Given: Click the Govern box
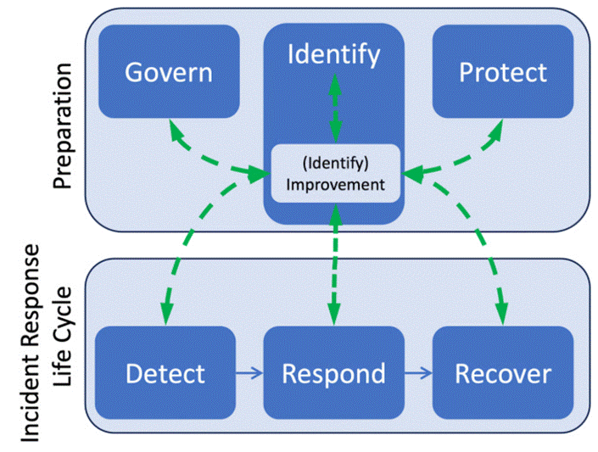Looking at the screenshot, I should pyautogui.click(x=168, y=71).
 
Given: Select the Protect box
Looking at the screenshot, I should pyautogui.click(x=503, y=71).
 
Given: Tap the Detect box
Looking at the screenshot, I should pyautogui.click(x=165, y=373).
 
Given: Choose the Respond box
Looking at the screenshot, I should pyautogui.click(x=333, y=373).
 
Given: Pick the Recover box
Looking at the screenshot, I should pyautogui.click(x=503, y=373).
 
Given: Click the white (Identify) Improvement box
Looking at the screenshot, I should pyautogui.click(x=335, y=173).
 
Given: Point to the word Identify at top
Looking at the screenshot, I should pyautogui.click(x=333, y=54).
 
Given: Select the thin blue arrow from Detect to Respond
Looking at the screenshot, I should pyautogui.click(x=249, y=374).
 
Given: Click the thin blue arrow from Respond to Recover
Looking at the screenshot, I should pyautogui.click(x=417, y=374).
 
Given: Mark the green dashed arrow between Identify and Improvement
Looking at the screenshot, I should pyautogui.click(x=336, y=108).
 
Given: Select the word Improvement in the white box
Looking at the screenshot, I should pyautogui.click(x=336, y=183).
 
